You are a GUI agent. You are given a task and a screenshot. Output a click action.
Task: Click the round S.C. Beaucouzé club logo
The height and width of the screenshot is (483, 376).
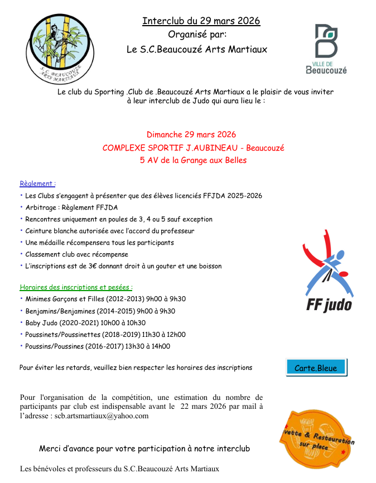tap(59, 49)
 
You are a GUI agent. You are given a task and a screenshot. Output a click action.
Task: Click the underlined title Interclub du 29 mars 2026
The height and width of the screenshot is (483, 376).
tap(201, 21)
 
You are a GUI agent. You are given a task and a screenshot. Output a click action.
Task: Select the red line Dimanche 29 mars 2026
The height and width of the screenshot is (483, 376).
tap(191, 134)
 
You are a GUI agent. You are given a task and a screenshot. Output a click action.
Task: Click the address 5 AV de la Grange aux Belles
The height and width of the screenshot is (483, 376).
tap(193, 160)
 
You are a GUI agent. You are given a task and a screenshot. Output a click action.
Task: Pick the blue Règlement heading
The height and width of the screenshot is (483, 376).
tap(37, 183)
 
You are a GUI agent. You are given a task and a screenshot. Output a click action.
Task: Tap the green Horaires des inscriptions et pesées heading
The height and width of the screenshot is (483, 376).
tap(76, 287)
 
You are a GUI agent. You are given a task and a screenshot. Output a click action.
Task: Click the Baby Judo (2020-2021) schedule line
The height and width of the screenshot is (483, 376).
tap(85, 323)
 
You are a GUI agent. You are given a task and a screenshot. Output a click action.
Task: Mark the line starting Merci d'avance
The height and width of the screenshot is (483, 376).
tap(144, 448)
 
